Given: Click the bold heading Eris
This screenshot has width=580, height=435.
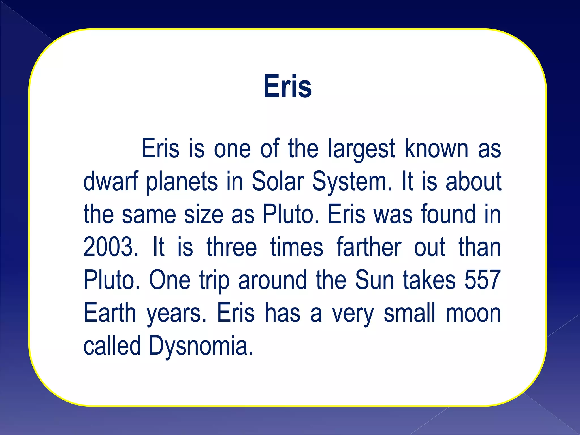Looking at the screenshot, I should [x=287, y=86].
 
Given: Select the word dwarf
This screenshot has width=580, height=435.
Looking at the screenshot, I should [x=111, y=182].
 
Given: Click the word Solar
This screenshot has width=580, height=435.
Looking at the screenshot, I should [x=278, y=182].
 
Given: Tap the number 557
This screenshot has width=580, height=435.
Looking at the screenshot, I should [x=483, y=280].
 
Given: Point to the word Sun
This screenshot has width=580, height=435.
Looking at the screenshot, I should [x=374, y=280].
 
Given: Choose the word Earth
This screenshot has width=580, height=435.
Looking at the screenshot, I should [x=110, y=313].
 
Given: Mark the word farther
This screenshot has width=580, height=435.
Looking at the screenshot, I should [x=369, y=247].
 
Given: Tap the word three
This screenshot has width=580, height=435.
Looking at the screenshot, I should [x=232, y=247].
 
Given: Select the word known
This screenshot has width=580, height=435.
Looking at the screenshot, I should [x=436, y=149].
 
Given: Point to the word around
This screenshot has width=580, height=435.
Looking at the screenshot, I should [x=272, y=280].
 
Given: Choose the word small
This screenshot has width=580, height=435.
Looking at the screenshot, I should [x=410, y=313].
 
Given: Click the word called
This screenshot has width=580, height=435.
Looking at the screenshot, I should [x=112, y=346].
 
